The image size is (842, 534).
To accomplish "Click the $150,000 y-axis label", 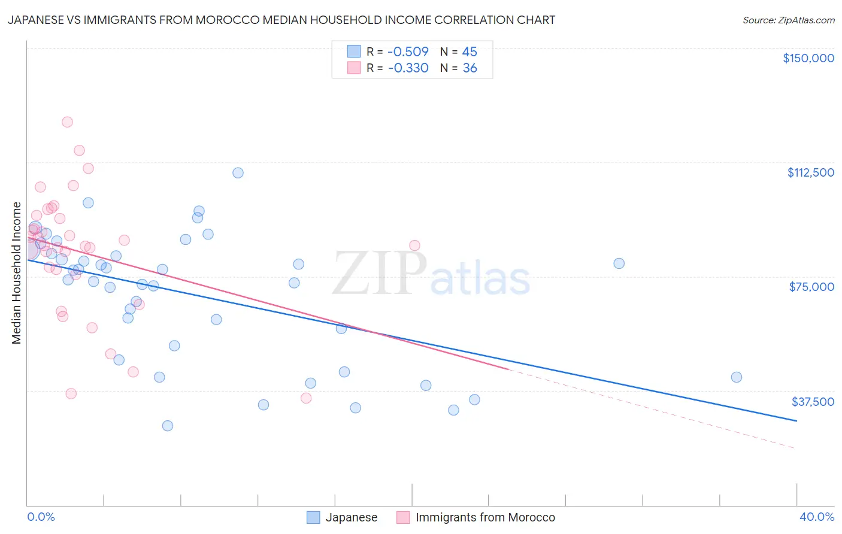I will [x=808, y=58].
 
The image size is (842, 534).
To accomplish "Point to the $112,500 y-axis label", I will [x=810, y=172].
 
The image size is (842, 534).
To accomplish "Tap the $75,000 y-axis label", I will [x=811, y=287].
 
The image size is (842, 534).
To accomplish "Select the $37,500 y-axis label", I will [x=813, y=402].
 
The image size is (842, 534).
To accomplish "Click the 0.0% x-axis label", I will [x=41, y=517].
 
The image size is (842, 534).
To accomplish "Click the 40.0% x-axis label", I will [x=816, y=517].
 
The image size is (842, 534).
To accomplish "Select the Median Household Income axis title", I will [x=16, y=273].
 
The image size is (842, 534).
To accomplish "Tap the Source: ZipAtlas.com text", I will [x=788, y=20].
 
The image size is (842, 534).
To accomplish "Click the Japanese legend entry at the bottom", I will [x=351, y=517].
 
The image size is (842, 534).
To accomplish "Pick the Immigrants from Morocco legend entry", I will [x=485, y=517].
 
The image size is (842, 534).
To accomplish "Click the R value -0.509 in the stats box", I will [x=408, y=52].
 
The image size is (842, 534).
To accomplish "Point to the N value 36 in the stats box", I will [x=470, y=68].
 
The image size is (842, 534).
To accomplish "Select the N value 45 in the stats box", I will [x=470, y=52].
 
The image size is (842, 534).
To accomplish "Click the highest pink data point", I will [x=67, y=122].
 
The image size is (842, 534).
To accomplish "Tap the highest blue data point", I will [x=238, y=173].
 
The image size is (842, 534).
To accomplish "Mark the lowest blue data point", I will [x=168, y=426].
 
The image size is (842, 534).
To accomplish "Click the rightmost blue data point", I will [x=737, y=377].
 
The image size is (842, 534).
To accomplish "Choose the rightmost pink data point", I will [x=414, y=245].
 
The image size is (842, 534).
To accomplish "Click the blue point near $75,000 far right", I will [x=619, y=263].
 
